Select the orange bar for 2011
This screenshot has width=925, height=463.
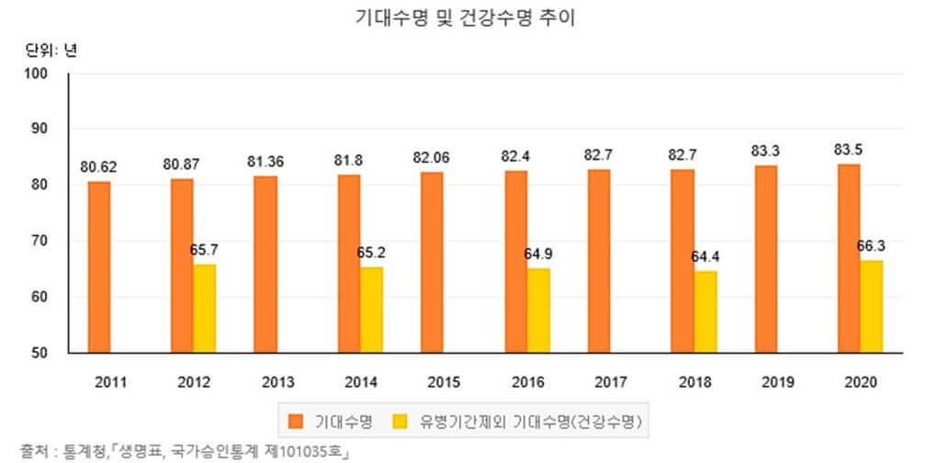click(99, 266)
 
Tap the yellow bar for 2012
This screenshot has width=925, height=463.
click(204, 308)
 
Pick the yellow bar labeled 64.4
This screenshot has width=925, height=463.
click(705, 311)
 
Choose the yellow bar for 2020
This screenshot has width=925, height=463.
click(871, 306)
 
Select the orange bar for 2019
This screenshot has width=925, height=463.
click(766, 258)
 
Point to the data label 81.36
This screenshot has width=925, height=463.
click(265, 161)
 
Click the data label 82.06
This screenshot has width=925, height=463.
click(432, 157)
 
